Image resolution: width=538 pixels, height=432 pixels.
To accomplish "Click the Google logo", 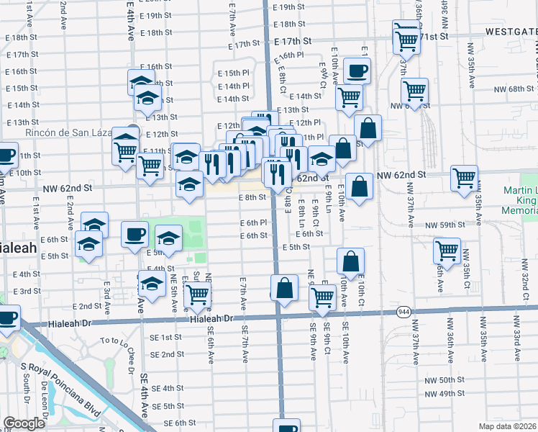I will (24, 423).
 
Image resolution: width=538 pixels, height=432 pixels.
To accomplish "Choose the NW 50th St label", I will (444, 379).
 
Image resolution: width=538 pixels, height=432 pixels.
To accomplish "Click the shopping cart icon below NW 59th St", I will (447, 251).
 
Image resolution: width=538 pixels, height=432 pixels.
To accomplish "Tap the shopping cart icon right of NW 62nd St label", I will (464, 177).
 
